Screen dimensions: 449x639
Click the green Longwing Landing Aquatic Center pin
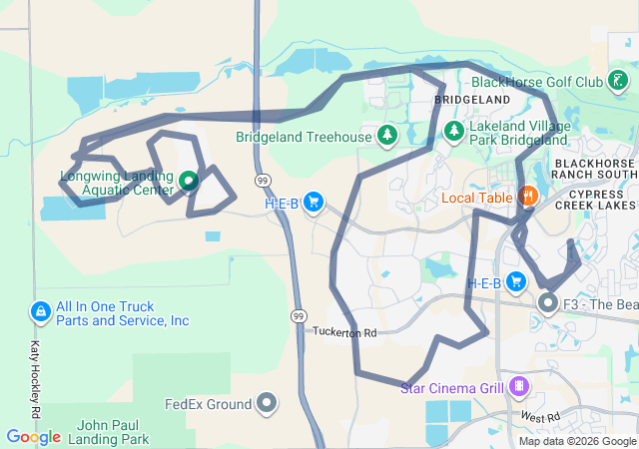(188, 182)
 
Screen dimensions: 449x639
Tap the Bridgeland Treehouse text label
(303, 137)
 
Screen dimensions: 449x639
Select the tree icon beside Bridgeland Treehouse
(386, 135)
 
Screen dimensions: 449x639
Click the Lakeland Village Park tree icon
(453, 131)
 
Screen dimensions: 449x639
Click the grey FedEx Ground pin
(267, 403)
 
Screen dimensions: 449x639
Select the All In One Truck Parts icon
(40, 313)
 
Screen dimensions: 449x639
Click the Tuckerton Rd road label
(343, 331)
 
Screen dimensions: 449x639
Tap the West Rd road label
(536, 415)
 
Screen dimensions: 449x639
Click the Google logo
(34, 437)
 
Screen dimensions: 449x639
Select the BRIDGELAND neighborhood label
(472, 100)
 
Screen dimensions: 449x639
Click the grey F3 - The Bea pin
(548, 301)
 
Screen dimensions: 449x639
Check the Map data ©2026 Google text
(578, 441)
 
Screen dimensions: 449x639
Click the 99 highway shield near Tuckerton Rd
(299, 315)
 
